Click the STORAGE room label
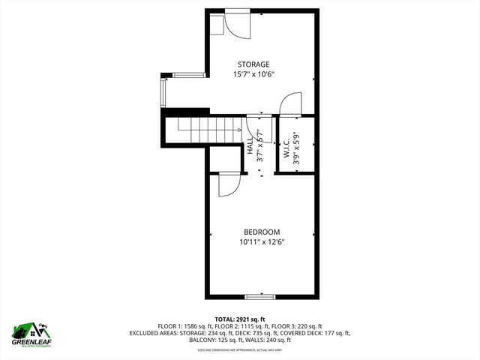(253, 64)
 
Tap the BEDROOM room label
(261, 232)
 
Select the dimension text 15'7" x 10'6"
(253, 74)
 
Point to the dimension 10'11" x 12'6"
(261, 241)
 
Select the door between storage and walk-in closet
(290, 104)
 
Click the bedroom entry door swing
(229, 184)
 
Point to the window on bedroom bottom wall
(259, 297)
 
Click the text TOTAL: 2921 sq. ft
(239, 319)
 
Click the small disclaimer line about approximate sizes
(240, 349)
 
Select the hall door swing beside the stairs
(254, 127)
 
